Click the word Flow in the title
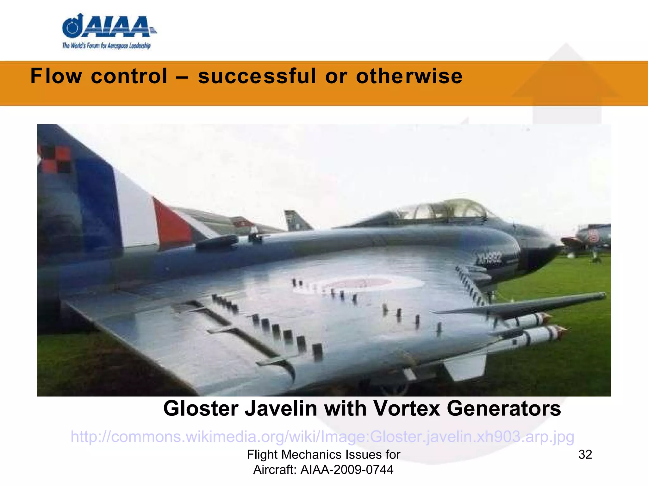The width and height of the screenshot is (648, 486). [56, 76]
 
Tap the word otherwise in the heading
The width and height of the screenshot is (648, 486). [409, 76]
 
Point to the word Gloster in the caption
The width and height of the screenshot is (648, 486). [201, 408]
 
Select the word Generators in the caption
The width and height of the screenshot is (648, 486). [504, 408]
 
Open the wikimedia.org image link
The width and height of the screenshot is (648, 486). [322, 437]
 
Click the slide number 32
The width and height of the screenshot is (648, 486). [585, 455]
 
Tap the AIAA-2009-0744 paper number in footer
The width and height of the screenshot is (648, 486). [347, 470]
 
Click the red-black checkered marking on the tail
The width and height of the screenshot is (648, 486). [55, 160]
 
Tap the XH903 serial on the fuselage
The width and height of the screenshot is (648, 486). [489, 259]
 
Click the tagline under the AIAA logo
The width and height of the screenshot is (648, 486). [106, 46]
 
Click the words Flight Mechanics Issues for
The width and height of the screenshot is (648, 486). [323, 455]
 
